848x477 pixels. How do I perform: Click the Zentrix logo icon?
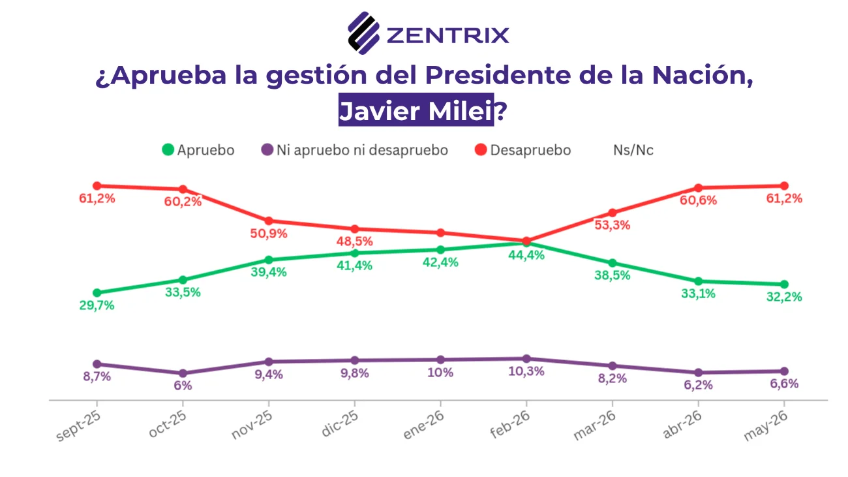tap(363, 33)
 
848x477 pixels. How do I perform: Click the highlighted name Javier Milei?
tap(416, 110)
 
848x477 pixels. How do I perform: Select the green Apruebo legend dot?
tap(168, 149)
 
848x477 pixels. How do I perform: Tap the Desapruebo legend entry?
tap(522, 150)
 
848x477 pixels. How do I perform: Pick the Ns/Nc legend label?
tap(633, 150)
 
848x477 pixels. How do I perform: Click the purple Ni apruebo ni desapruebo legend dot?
tap(267, 149)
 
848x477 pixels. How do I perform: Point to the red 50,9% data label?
tap(269, 234)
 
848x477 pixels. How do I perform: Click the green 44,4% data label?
tap(526, 255)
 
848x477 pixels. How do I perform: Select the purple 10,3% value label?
tap(526, 371)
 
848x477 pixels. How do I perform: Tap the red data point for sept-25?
tap(97, 186)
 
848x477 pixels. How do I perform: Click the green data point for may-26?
tap(784, 285)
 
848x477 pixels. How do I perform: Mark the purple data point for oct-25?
tap(183, 373)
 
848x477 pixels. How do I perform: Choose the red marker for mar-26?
tap(613, 213)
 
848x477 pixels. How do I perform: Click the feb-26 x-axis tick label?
tap(510, 425)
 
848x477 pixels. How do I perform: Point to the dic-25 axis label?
tap(340, 423)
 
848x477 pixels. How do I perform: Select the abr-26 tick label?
tap(682, 425)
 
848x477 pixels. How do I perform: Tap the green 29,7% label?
tap(97, 305)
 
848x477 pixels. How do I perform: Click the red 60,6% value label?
tap(699, 200)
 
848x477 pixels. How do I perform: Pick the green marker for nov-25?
tap(269, 260)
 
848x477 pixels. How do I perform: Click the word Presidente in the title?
tap(498, 75)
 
